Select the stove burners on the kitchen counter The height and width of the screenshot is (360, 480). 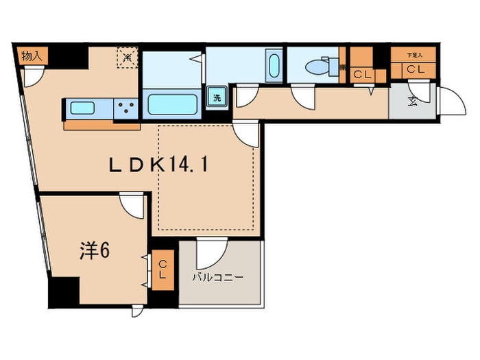tap(125, 108)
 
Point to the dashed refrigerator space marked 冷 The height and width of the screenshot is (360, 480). tap(127, 58)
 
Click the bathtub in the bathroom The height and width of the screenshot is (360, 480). tap(173, 104)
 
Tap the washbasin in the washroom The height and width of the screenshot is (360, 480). tap(274, 67)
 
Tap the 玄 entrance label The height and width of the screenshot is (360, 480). tap(413, 101)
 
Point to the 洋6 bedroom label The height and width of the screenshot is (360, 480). tap(92, 251)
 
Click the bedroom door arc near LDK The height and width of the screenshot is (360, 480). tap(132, 204)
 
